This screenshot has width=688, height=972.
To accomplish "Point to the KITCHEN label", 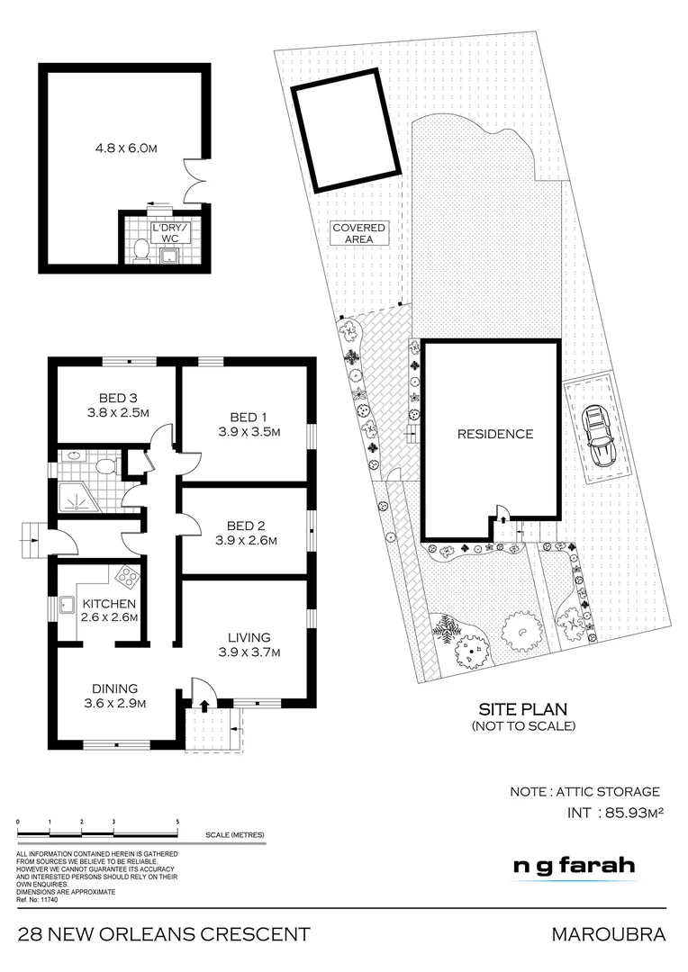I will click(109, 603).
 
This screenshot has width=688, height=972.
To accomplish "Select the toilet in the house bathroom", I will click(105, 466).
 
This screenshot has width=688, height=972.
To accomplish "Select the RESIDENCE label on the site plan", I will click(494, 434).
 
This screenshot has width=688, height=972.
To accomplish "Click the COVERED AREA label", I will click(359, 234).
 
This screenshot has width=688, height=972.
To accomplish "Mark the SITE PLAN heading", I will click(523, 709).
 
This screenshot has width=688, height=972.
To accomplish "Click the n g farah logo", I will click(574, 866).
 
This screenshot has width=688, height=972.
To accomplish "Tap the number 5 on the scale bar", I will click(177, 823).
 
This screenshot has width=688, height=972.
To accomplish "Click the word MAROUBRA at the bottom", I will click(609, 935).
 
